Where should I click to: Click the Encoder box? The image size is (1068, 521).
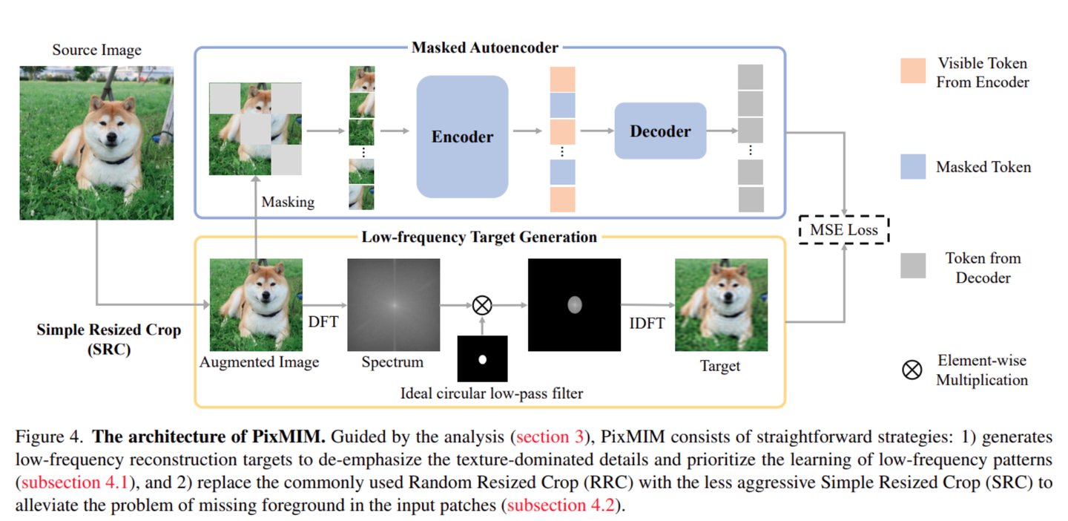pyautogui.click(x=462, y=137)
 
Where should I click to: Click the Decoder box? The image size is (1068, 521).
pyautogui.click(x=659, y=131)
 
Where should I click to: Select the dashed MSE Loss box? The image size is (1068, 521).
pyautogui.click(x=843, y=230)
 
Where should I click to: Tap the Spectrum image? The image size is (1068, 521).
pyautogui.click(x=393, y=304)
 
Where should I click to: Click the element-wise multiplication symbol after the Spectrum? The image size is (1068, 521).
pyautogui.click(x=482, y=304)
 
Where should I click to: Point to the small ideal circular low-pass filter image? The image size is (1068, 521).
pyautogui.click(x=482, y=359)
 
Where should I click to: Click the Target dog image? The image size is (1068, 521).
pyautogui.click(x=720, y=304)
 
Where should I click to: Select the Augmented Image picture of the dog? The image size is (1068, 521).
pyautogui.click(x=256, y=304)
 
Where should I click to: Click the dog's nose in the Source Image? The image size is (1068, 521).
pyautogui.click(x=112, y=139)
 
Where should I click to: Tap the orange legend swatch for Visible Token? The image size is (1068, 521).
pyautogui.click(x=912, y=71)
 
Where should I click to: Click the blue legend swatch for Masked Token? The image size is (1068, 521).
pyautogui.click(x=912, y=167)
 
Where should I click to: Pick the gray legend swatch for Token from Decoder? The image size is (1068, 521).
pyautogui.click(x=912, y=266)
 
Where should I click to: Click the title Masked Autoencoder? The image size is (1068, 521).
pyautogui.click(x=484, y=48)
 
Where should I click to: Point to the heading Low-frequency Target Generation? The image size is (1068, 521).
pyautogui.click(x=479, y=237)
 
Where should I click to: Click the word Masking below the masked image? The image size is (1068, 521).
pyautogui.click(x=288, y=202)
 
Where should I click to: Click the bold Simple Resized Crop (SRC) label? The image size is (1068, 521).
pyautogui.click(x=108, y=339)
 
